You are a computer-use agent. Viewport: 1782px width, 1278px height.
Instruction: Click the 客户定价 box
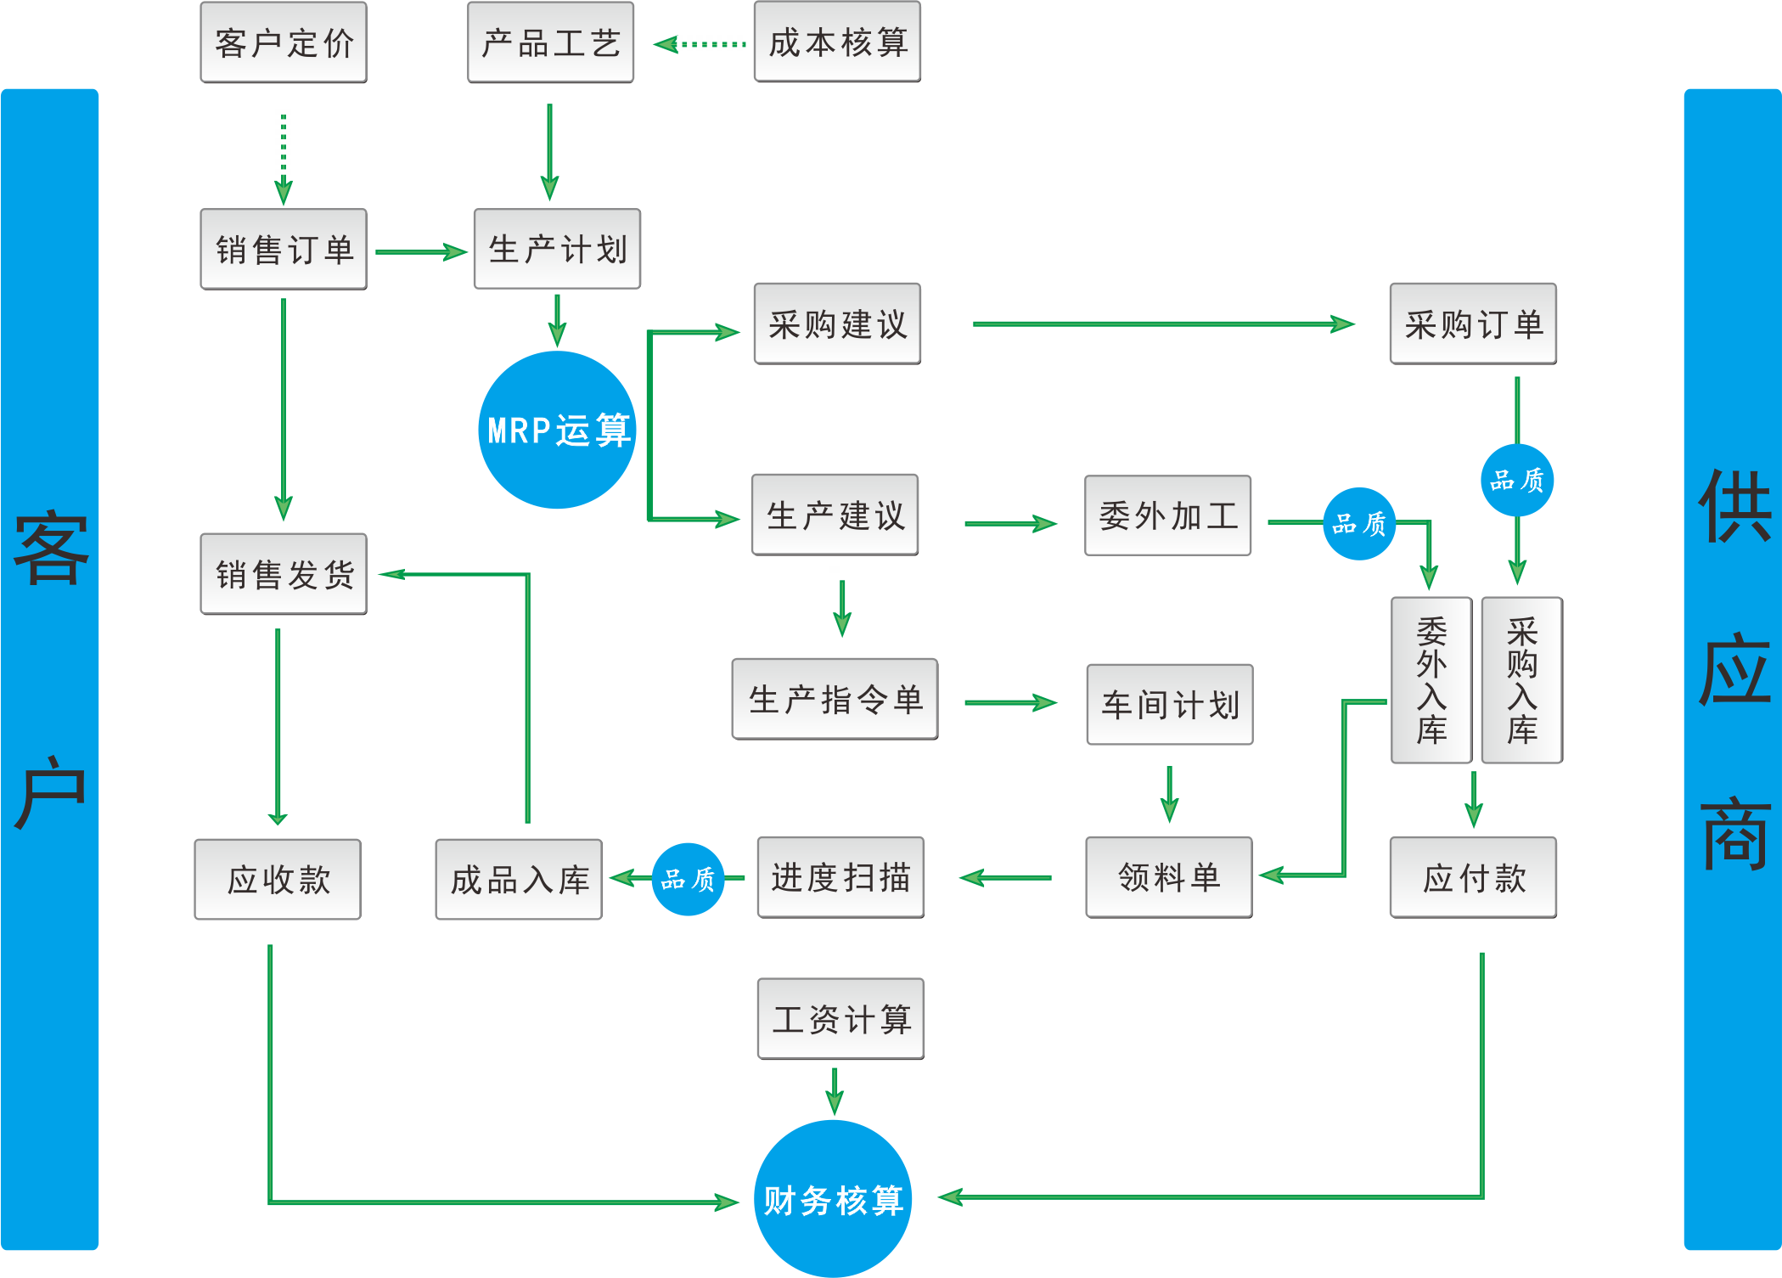[x=284, y=42]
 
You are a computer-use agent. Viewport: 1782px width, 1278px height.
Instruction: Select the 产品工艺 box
[x=550, y=42]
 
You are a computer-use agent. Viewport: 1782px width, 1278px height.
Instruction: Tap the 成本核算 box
[x=837, y=42]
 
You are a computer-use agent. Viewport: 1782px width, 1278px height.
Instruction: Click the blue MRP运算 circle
[x=557, y=430]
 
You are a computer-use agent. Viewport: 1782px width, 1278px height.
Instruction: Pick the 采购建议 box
[x=837, y=324]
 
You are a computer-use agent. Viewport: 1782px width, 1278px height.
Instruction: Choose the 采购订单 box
[x=1473, y=324]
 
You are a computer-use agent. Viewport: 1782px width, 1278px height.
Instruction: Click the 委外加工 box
[x=1167, y=515]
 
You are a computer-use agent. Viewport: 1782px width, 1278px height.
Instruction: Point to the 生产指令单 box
[x=835, y=699]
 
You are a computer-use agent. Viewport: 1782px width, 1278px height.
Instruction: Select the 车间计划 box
[x=1169, y=704]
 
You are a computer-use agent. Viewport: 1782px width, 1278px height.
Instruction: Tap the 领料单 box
[x=1168, y=877]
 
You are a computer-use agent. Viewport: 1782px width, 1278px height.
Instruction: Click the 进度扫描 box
[x=840, y=877]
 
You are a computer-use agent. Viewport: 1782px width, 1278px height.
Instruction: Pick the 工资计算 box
[x=840, y=1018]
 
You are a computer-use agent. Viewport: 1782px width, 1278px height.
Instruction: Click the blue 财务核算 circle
[x=833, y=1198]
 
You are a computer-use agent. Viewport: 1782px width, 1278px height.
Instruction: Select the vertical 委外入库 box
[x=1431, y=679]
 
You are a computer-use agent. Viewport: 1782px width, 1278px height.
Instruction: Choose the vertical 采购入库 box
[x=1521, y=679]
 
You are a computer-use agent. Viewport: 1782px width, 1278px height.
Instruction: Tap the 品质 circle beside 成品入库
[x=688, y=879]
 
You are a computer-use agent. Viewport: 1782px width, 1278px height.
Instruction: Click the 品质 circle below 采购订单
[x=1517, y=480]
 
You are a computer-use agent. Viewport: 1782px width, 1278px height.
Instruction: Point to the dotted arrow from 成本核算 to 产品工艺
[x=700, y=44]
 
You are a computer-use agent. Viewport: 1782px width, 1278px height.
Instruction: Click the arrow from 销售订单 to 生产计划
[x=421, y=251]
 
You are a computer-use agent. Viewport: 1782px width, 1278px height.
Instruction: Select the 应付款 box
[x=1473, y=877]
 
